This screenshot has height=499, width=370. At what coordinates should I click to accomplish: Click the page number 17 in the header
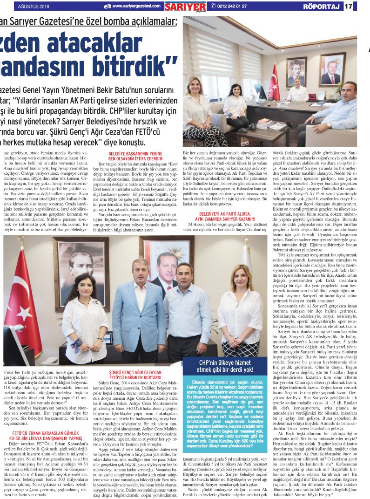point(362,6)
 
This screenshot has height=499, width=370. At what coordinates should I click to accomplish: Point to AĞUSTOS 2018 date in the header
point(34,6)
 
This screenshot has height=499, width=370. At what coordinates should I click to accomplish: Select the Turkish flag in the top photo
point(274,82)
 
